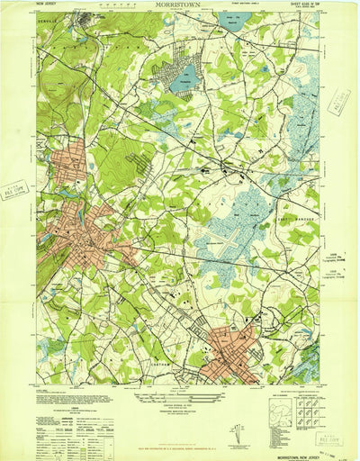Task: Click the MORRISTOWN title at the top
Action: click(x=180, y=5)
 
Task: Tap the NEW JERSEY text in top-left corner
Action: click(x=49, y=5)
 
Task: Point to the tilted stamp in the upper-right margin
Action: click(x=339, y=105)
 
